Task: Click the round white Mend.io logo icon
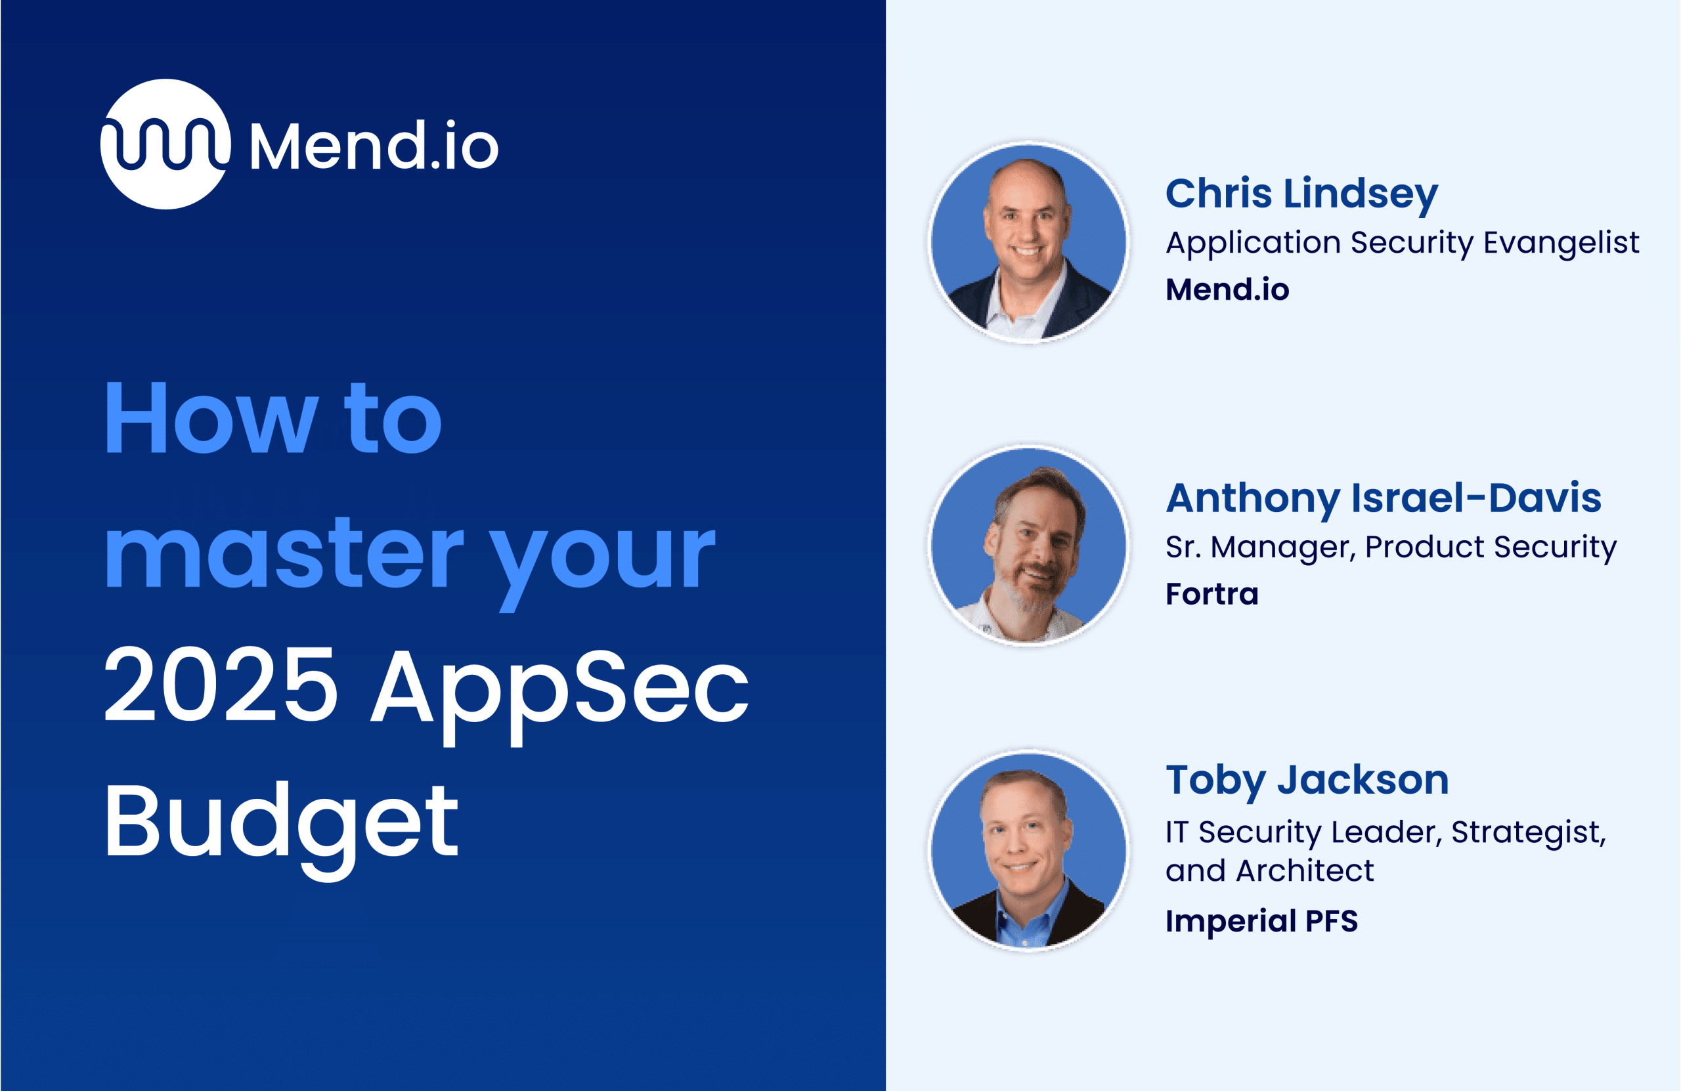[165, 144]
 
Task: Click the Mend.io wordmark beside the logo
[374, 145]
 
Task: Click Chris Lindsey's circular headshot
[1028, 242]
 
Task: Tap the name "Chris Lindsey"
[1301, 194]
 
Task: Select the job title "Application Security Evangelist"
[1403, 244]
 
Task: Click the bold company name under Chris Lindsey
[1227, 289]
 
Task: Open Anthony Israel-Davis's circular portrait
[1028, 546]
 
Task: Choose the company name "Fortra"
[1212, 595]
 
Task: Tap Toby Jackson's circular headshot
[1028, 850]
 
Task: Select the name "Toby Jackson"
[1307, 782]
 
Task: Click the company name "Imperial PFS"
[1261, 921]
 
